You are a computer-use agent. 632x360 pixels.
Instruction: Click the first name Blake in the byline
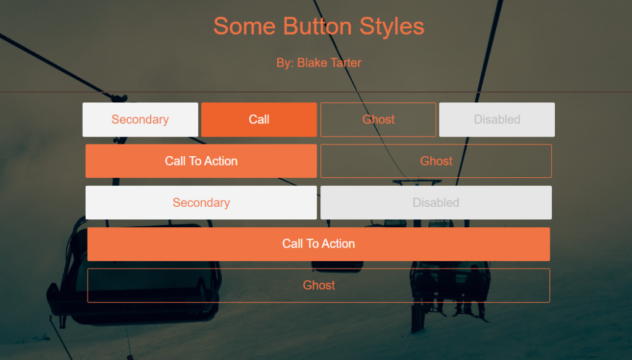[311, 63]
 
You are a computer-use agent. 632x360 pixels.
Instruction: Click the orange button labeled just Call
[259, 120]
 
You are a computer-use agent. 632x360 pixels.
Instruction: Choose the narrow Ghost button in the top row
[378, 120]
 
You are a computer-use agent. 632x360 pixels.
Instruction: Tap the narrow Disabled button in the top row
[497, 120]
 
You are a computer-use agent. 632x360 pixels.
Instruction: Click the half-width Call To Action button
[201, 161]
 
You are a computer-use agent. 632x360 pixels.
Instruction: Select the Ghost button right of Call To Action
[436, 161]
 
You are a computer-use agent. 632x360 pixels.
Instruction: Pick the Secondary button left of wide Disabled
[201, 203]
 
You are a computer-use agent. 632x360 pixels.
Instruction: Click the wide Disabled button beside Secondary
[436, 203]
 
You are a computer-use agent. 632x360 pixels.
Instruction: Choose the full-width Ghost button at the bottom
[318, 285]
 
